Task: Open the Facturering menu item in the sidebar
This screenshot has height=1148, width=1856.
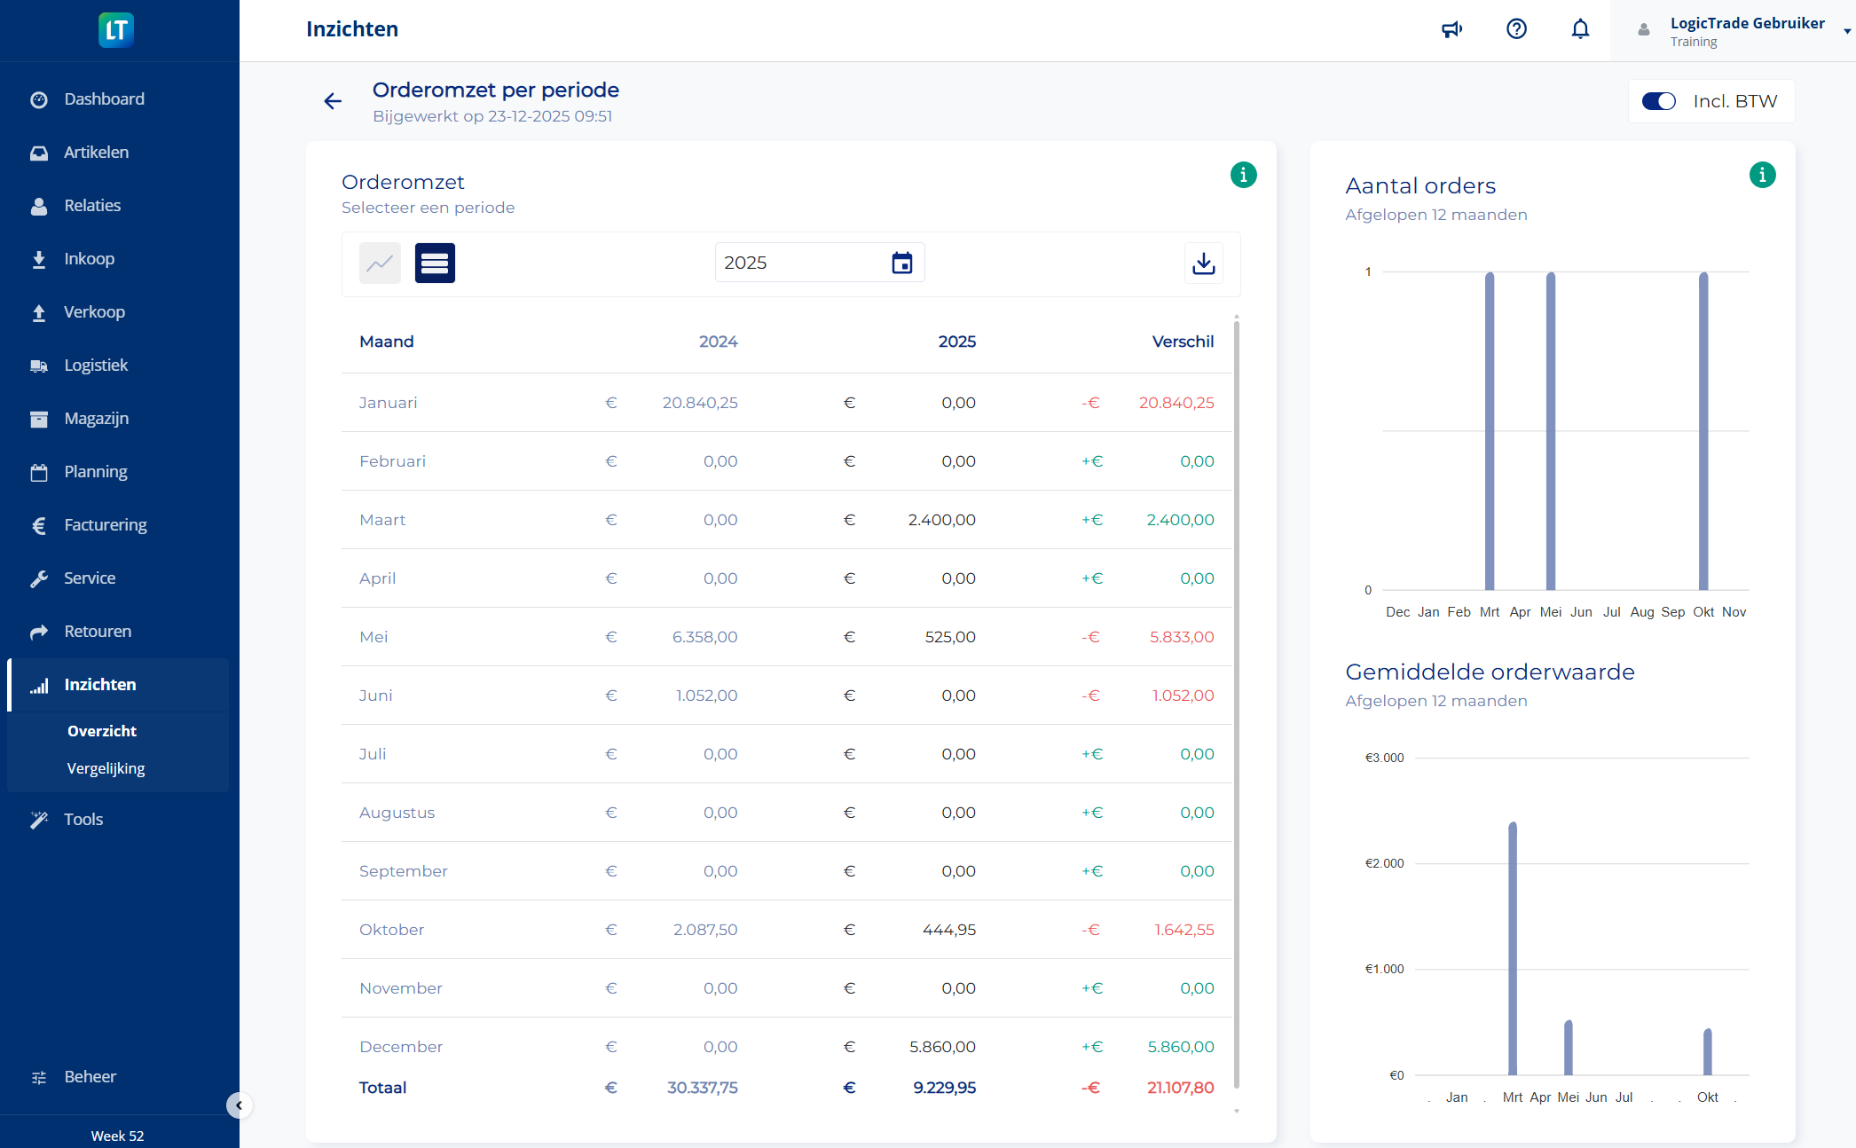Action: pos(105,524)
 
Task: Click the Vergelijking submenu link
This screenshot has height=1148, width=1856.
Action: pos(106,768)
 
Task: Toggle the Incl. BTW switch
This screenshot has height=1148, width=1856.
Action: pos(1658,101)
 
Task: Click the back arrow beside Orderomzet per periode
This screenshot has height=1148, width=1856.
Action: pos(333,101)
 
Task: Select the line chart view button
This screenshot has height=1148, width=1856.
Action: pos(380,263)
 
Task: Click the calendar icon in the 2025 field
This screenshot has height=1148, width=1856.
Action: pos(901,263)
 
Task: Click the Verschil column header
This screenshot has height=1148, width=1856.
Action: pos(1183,342)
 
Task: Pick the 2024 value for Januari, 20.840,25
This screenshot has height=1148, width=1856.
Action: pos(699,403)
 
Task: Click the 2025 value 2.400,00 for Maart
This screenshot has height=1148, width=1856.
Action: pos(941,520)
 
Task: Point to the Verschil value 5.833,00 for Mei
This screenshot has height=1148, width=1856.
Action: pos(1182,637)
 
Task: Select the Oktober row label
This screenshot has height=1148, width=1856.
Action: pos(391,930)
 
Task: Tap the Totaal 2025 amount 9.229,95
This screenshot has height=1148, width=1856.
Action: pos(944,1088)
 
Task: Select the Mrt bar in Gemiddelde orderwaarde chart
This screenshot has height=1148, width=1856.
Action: pos(1513,949)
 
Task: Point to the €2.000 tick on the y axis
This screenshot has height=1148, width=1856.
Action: pos(1384,863)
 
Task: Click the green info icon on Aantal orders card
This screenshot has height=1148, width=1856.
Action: pos(1762,175)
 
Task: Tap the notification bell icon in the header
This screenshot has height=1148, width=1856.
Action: pos(1580,29)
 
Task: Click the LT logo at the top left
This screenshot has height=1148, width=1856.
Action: pos(116,30)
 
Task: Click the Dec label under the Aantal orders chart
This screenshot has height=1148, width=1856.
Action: pos(1397,612)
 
